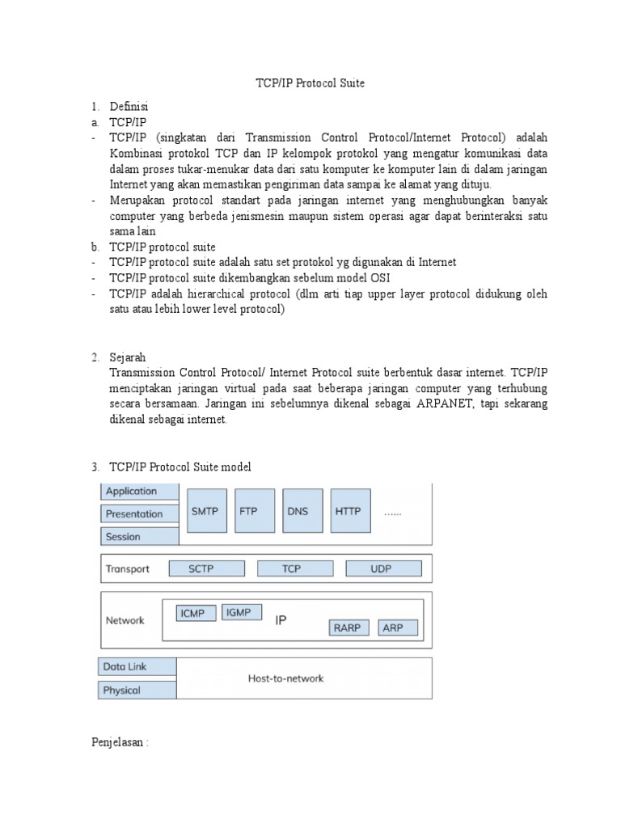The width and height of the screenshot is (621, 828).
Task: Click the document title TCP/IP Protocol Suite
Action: pos(310,83)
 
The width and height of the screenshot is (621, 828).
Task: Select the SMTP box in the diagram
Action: pos(205,512)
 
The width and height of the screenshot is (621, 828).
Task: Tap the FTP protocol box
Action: pos(249,512)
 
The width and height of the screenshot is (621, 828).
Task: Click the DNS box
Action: pos(298,512)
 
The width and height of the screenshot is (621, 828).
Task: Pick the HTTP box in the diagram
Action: pos(348,512)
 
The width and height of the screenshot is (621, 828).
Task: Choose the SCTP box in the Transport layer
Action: pos(201,569)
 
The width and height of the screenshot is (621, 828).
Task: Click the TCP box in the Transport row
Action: pos(291,569)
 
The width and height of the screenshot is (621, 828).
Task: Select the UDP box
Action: pos(381,569)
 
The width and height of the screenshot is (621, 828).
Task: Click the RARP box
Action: pos(347,627)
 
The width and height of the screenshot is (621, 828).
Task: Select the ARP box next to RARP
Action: pos(393,627)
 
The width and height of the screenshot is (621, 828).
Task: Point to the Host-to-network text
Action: pos(285,678)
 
